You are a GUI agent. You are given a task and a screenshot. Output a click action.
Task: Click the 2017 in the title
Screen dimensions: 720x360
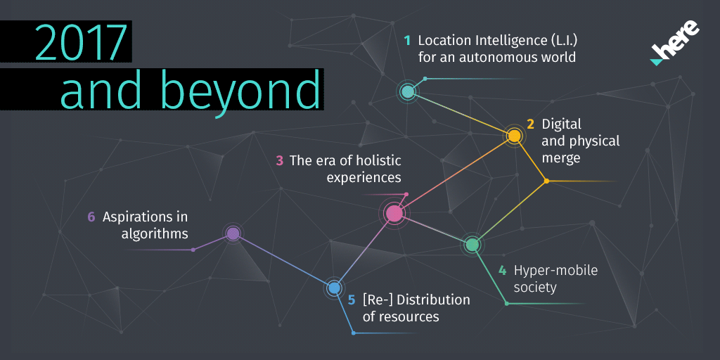[x=80, y=42]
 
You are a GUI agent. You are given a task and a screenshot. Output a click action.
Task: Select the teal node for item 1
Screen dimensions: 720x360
[x=407, y=92]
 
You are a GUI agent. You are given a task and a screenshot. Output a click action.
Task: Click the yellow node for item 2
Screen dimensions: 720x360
[x=514, y=136]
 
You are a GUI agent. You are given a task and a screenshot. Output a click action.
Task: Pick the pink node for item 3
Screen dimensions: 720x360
[x=394, y=213]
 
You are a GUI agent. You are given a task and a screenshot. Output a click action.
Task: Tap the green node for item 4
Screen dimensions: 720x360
[x=472, y=244]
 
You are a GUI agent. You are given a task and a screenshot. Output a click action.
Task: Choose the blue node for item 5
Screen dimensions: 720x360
[x=334, y=288]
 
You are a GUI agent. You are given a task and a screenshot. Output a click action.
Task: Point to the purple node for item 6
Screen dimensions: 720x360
[x=233, y=233]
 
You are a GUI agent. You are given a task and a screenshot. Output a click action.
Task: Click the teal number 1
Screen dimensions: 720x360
[x=407, y=40]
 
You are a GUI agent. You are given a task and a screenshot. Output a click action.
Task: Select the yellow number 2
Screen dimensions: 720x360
[x=530, y=124]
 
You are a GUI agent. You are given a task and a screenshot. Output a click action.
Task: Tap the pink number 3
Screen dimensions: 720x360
[x=279, y=161]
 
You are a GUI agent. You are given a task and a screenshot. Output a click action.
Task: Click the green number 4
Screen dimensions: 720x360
[x=503, y=271]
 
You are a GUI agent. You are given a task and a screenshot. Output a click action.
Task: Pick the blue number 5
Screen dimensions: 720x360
[x=352, y=300]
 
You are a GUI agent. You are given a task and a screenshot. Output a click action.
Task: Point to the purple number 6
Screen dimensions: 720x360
[x=91, y=217]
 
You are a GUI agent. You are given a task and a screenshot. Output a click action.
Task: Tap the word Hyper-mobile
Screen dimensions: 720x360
[x=555, y=271]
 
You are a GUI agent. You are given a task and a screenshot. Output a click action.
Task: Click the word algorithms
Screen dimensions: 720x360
[x=155, y=234]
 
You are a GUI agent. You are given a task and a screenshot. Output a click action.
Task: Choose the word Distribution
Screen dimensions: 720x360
[x=434, y=300]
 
